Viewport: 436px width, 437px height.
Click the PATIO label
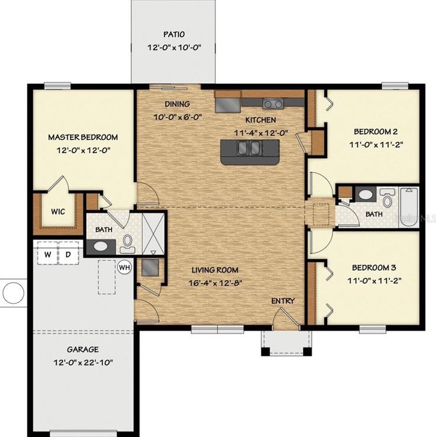(x=174, y=35)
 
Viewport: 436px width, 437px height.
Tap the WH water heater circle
(x=124, y=267)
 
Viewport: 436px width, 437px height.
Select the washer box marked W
(x=48, y=254)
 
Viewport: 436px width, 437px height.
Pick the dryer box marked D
(x=68, y=254)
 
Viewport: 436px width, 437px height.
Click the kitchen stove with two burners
(x=273, y=104)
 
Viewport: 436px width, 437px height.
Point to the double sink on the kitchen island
(x=249, y=148)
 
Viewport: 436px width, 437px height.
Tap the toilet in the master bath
(x=127, y=244)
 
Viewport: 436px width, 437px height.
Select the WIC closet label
(x=58, y=211)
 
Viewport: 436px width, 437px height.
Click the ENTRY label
(x=283, y=301)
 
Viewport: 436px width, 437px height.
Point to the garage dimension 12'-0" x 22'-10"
(x=83, y=363)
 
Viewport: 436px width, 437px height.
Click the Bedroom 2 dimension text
(x=377, y=145)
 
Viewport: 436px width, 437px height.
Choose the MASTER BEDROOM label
(x=83, y=137)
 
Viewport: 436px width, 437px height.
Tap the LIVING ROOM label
(x=215, y=270)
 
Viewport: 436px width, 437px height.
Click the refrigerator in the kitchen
(x=228, y=105)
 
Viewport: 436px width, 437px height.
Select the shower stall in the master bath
(x=153, y=234)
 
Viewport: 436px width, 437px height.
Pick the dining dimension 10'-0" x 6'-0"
(x=178, y=117)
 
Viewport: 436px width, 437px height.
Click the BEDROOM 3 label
(x=374, y=267)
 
